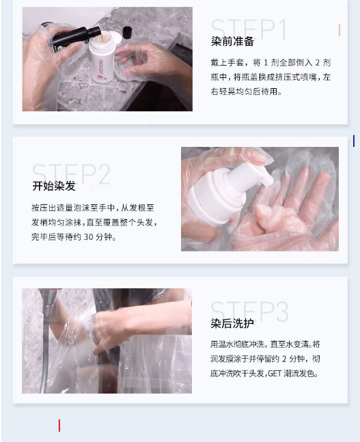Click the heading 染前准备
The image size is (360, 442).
pyautogui.click(x=232, y=42)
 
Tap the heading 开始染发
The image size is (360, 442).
pyautogui.click(x=54, y=186)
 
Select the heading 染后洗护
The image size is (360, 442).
pyautogui.click(x=232, y=323)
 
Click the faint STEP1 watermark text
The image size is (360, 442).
pyautogui.click(x=249, y=29)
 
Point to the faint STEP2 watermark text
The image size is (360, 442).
pyautogui.click(x=71, y=174)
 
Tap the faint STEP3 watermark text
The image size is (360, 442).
pyautogui.click(x=249, y=311)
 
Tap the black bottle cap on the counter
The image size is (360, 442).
pyautogui.click(x=128, y=32)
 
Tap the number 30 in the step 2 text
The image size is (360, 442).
pyautogui.click(x=88, y=237)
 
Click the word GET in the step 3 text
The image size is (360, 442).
pyautogui.click(x=275, y=374)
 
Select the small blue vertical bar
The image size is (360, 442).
pyautogui.click(x=354, y=141)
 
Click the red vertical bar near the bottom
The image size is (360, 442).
pyautogui.click(x=59, y=426)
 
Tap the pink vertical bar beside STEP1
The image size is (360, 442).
pyautogui.click(x=339, y=30)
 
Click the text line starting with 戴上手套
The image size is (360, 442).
pyautogui.click(x=271, y=63)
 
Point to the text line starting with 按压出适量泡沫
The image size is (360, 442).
pyautogui.click(x=93, y=208)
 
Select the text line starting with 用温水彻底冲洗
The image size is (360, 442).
pyautogui.click(x=265, y=344)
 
